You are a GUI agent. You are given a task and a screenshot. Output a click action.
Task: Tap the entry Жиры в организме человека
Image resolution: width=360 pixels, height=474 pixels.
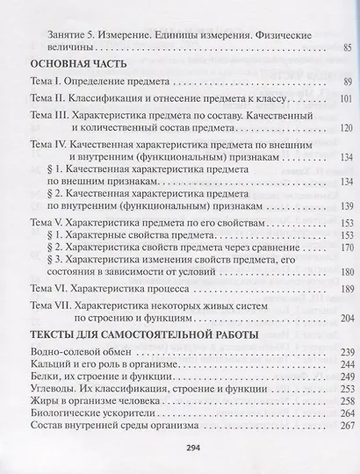coord(98,400)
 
